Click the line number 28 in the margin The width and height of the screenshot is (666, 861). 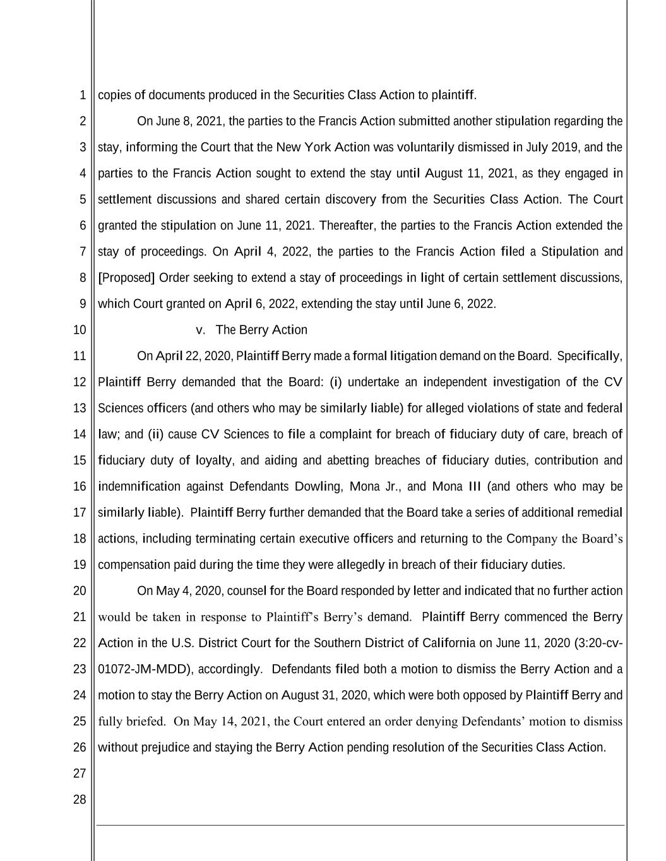(80, 800)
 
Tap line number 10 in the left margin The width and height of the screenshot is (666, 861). (80, 330)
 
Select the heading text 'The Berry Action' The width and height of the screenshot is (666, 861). (261, 330)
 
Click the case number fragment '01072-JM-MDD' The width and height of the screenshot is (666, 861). (143, 669)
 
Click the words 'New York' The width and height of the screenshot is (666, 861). (304, 148)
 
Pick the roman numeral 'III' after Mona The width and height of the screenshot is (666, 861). (474, 487)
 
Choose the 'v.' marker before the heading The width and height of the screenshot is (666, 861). (201, 330)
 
